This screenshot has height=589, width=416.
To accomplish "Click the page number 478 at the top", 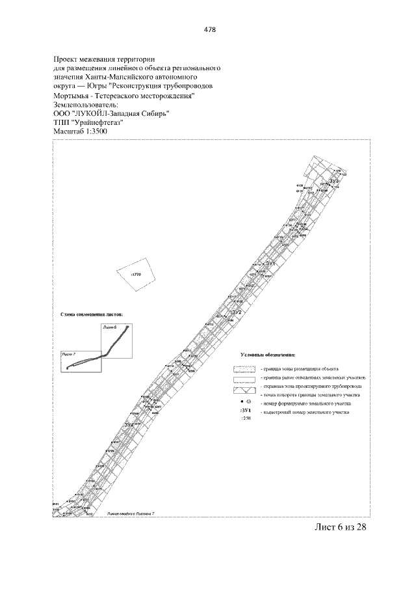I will coord(209,30).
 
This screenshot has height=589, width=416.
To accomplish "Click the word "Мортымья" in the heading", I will coord(74,94).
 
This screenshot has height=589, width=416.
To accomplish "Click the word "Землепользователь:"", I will coord(84,103).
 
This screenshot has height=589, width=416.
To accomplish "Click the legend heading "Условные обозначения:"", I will coord(267,355).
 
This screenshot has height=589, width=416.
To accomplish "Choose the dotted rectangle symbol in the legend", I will coord(245,368).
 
